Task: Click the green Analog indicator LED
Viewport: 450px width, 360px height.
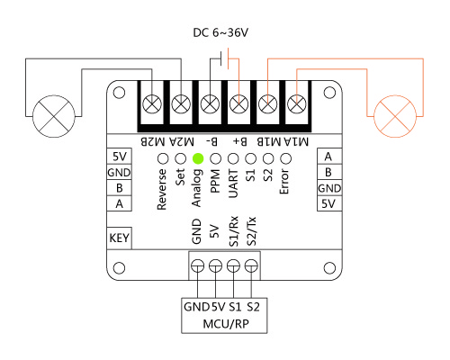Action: tap(198, 158)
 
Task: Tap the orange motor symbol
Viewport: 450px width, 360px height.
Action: tap(395, 116)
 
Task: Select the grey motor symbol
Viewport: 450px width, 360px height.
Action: tap(54, 116)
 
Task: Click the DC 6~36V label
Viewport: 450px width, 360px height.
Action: tap(220, 32)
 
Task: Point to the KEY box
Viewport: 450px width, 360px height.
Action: tap(119, 238)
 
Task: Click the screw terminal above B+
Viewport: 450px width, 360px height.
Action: tap(238, 104)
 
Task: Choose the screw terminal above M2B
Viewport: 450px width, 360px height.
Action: tap(152, 104)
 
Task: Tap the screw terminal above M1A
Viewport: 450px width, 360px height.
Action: tap(297, 104)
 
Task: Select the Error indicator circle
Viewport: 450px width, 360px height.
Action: tap(285, 158)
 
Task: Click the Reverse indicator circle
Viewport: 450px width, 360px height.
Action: tap(163, 158)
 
